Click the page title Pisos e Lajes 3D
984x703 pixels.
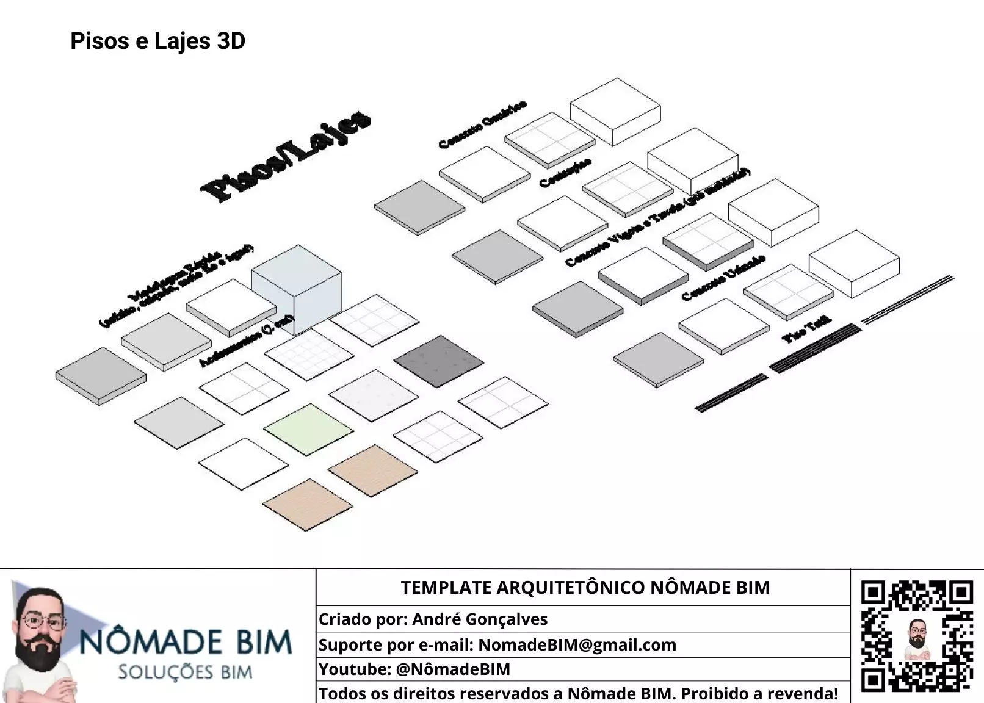click(x=157, y=41)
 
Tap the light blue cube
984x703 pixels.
click(x=297, y=289)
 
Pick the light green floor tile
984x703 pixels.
click(x=309, y=429)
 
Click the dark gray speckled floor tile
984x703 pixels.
click(x=438, y=361)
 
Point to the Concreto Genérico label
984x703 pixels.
click(x=482, y=124)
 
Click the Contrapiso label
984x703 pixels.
click(x=565, y=173)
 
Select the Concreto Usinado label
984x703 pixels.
click(x=723, y=278)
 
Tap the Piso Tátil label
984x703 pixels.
click(x=806, y=330)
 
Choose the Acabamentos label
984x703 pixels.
click(x=247, y=342)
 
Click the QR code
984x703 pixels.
click(x=916, y=636)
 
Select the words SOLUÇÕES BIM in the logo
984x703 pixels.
click(x=185, y=672)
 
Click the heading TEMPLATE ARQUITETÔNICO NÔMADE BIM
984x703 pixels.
click(x=585, y=588)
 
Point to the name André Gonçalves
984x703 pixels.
click(x=480, y=619)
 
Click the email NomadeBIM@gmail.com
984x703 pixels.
click(x=577, y=645)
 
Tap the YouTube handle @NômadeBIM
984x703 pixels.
click(x=453, y=669)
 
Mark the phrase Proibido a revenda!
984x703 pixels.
click(x=759, y=694)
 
